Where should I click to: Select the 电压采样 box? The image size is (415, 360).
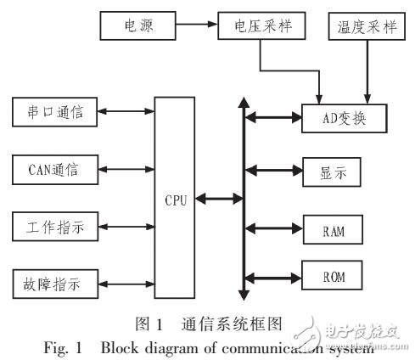[255, 25]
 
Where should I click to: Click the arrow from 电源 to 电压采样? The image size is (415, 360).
[194, 25]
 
